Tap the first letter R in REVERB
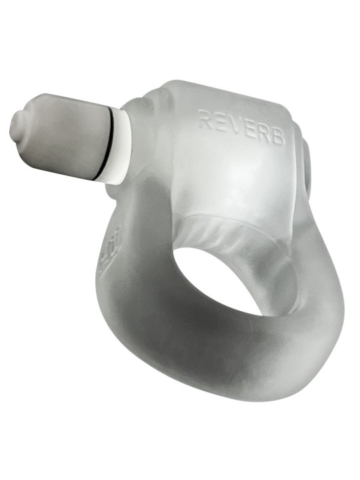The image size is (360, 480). (x=204, y=120)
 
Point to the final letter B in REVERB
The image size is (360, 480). (x=279, y=136)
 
